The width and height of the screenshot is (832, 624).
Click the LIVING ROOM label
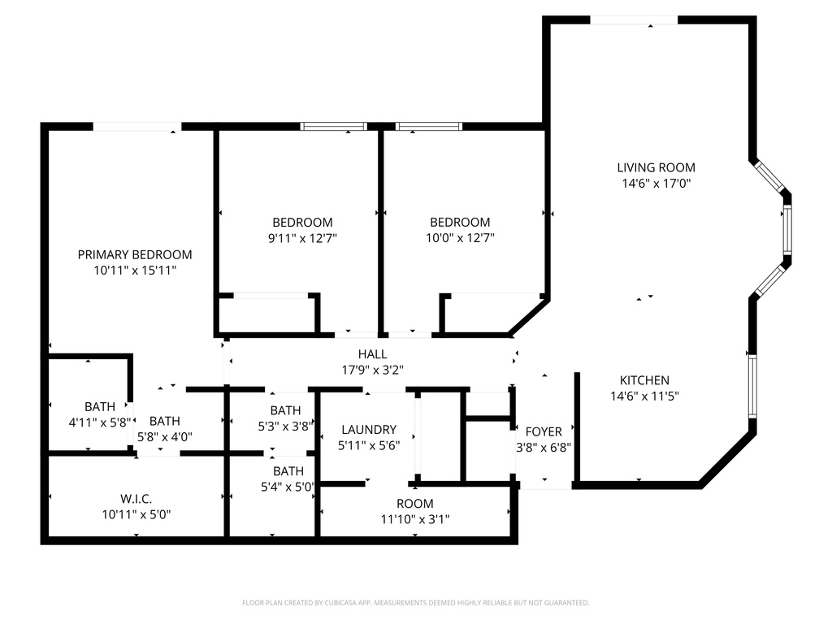click(656, 167)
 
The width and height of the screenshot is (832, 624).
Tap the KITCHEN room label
click(644, 380)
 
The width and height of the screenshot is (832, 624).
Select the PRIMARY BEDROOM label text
click(135, 254)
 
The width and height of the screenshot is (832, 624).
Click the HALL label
click(372, 354)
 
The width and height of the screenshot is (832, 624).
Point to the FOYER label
click(544, 432)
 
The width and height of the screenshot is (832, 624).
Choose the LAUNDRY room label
click(369, 430)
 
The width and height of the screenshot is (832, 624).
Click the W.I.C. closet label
click(136, 500)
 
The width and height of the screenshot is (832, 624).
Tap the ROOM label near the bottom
click(415, 504)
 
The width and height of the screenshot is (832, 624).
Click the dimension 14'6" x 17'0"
click(656, 184)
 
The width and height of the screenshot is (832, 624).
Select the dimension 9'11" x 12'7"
click(302, 238)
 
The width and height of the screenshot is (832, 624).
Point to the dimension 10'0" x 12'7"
click(460, 238)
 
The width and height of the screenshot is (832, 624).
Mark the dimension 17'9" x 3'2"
click(372, 370)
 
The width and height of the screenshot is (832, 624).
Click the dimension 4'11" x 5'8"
click(100, 422)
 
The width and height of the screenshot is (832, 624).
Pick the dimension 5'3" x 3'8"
click(285, 427)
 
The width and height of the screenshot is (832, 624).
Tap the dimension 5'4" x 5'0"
click(288, 487)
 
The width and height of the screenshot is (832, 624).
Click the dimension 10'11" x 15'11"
click(135, 271)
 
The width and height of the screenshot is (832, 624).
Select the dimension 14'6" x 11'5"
click(644, 396)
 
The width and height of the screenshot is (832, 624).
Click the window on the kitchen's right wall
click(752, 385)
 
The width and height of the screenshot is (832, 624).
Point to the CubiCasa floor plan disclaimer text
click(415, 603)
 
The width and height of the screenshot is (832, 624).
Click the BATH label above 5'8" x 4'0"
click(164, 422)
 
